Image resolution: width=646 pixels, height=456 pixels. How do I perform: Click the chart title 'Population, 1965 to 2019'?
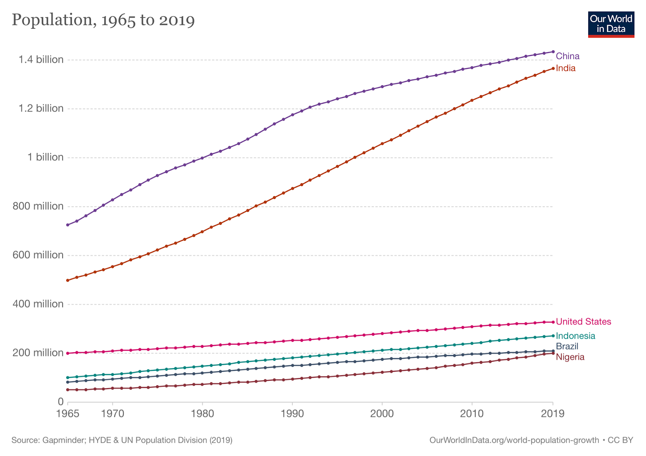pos(103,20)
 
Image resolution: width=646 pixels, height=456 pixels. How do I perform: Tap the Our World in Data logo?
pos(611,24)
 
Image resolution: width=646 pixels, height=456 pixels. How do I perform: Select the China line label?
pos(567,56)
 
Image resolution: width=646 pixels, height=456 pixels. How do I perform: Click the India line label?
pos(565,68)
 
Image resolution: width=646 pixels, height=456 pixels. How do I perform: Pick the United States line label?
pos(583,322)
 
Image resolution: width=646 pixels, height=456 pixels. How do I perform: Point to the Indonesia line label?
pos(575,336)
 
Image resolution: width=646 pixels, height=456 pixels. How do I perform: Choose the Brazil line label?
pos(567,346)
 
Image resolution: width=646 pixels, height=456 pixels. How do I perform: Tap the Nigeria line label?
pos(570,357)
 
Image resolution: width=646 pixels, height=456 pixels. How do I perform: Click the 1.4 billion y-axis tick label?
pos(41,60)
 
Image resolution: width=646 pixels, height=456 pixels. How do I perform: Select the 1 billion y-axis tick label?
pos(45,157)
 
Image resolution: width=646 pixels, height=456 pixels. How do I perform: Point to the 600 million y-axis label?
pos(38,255)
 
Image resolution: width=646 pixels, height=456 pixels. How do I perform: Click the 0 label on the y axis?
pos(61,402)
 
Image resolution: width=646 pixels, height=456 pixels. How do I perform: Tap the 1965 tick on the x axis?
pos(68,414)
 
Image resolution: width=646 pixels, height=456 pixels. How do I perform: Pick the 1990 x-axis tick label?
pos(292,414)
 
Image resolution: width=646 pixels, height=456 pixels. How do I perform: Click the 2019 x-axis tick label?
pos(553,414)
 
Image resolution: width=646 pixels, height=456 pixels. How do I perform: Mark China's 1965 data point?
pos(68,225)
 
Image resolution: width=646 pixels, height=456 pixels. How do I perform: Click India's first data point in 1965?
pos(68,280)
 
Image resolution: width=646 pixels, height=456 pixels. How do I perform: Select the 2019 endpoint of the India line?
pos(553,68)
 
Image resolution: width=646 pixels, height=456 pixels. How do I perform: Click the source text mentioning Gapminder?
pos(122,440)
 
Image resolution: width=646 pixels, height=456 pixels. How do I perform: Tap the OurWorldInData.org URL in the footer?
pos(514,440)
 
